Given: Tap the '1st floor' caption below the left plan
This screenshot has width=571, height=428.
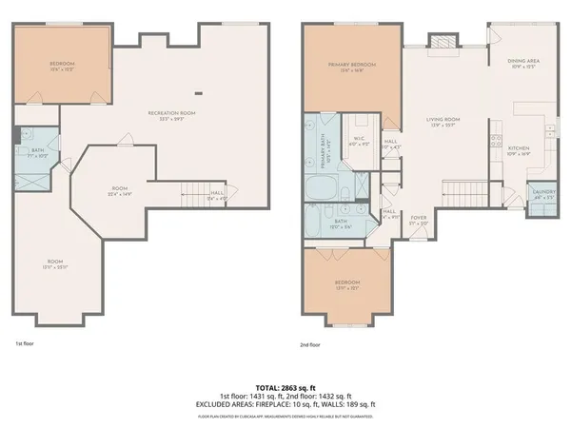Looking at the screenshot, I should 26,344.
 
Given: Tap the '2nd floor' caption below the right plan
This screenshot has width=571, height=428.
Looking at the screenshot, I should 311,344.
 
